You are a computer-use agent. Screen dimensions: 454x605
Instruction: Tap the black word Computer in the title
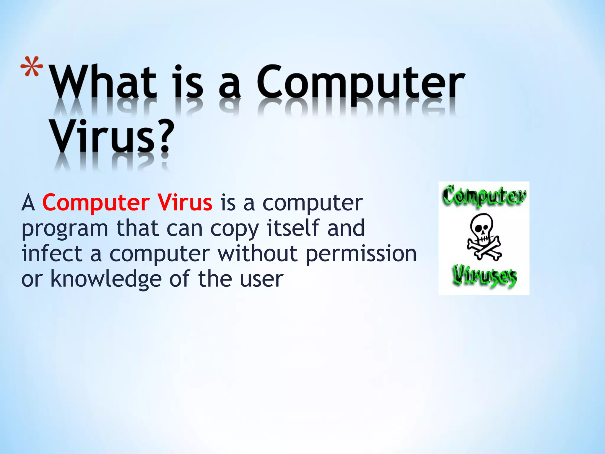point(360,83)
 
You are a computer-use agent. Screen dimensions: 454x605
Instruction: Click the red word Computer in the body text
point(96,203)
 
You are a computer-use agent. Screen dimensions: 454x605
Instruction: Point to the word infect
point(52,253)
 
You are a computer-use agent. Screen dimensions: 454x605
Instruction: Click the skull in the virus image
point(482,226)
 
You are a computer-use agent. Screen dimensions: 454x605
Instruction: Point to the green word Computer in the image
point(484,196)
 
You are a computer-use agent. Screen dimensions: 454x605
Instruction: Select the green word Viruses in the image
point(484,276)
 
